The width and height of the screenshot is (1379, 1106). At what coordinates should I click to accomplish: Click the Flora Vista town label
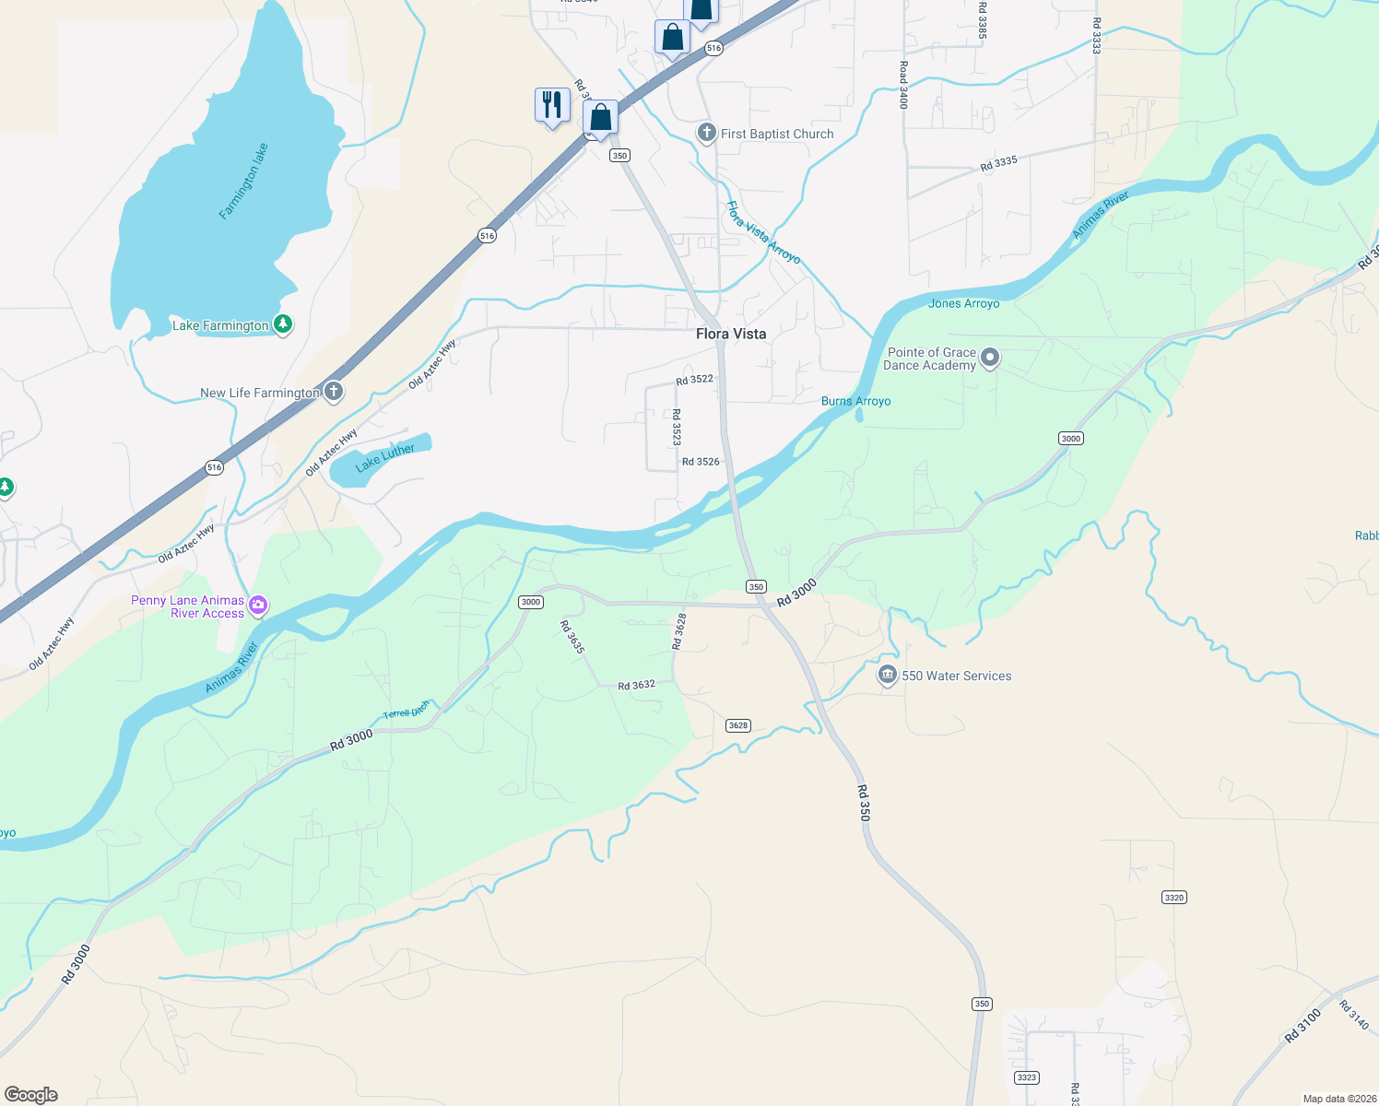[731, 334]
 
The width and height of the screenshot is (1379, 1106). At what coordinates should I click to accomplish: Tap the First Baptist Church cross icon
[706, 134]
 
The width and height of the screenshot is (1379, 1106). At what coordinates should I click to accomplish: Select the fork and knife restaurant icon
[552, 105]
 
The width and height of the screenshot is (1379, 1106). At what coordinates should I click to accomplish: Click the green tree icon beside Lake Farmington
[283, 324]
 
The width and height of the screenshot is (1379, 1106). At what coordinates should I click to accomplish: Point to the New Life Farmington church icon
[334, 393]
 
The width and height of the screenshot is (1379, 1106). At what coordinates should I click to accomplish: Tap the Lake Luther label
[385, 457]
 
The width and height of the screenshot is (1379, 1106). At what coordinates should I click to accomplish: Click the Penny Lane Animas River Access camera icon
[258, 606]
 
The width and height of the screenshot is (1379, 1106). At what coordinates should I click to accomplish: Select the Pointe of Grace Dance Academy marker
[990, 358]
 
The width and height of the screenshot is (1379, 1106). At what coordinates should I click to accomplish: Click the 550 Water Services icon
[887, 676]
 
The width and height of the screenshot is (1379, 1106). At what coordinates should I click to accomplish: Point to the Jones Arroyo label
[963, 303]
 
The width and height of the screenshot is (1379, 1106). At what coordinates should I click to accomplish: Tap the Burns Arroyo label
[855, 401]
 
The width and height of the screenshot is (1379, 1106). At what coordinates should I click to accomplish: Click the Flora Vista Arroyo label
[763, 232]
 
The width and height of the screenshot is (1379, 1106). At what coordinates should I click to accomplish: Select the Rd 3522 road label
[694, 380]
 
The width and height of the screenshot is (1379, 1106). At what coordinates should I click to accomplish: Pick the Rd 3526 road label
[701, 462]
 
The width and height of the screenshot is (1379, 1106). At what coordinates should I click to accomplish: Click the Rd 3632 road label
[636, 685]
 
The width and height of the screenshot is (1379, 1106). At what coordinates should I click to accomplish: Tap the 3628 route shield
[738, 725]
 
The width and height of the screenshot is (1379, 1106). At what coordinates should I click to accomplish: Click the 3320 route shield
[1173, 897]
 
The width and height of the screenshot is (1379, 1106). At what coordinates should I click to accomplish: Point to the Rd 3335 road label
[998, 163]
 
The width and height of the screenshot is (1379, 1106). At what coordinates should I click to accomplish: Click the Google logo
[31, 1094]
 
